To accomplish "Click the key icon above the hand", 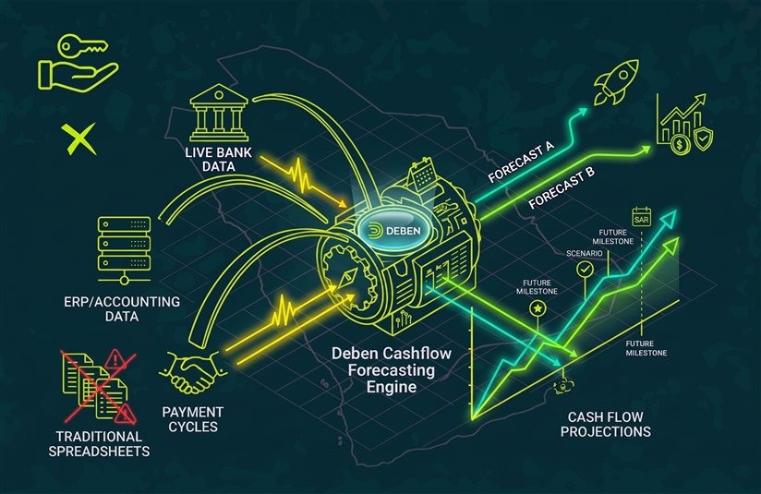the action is tap(82, 44).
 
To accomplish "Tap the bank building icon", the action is tap(218, 114).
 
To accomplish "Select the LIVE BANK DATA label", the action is tap(218, 160).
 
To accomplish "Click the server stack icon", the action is tap(125, 250).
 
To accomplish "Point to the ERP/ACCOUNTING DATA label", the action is tap(122, 309).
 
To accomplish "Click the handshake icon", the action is tap(193, 372).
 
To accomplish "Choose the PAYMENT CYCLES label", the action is tap(193, 419).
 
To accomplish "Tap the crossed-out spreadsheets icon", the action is tap(100, 386).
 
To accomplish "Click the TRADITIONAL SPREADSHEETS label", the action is tap(99, 444).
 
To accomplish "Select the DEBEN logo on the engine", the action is tap(393, 231).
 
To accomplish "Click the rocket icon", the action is tap(616, 82).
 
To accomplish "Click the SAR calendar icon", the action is tap(641, 217).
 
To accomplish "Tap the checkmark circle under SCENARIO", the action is tap(585, 269).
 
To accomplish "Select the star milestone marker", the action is tap(538, 308).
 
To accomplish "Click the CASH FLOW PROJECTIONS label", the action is tap(605, 424).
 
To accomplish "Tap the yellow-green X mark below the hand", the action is tap(79, 139).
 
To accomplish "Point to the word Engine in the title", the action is tap(392, 387).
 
